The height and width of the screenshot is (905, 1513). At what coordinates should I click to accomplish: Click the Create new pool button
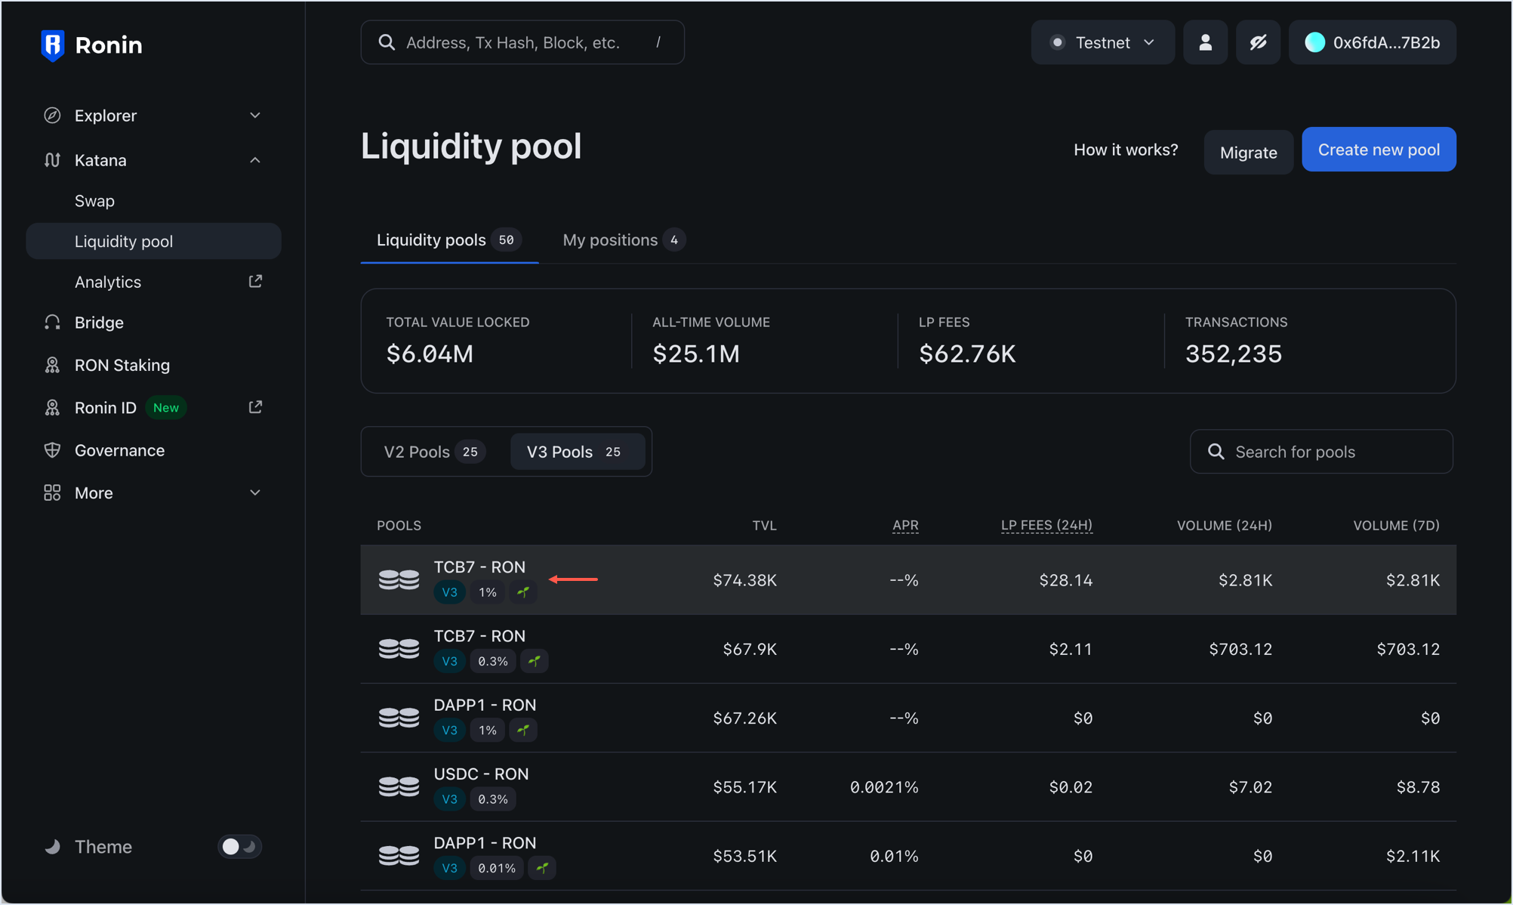[1379, 150]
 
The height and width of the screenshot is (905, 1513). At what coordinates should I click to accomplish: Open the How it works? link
[1125, 150]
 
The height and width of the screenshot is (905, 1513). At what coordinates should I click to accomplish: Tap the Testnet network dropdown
[1102, 43]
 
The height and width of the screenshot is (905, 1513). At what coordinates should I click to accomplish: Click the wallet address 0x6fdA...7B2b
[1373, 43]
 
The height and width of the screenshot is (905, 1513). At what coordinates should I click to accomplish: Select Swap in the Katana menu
[94, 201]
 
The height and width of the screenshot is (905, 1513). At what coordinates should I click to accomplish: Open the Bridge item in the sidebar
[99, 323]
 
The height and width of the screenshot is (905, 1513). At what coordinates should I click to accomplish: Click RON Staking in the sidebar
[122, 365]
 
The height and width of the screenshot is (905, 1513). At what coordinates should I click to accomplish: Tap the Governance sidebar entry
[119, 450]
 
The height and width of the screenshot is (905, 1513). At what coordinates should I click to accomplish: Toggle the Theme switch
[239, 846]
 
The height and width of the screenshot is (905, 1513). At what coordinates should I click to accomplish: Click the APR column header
[904, 525]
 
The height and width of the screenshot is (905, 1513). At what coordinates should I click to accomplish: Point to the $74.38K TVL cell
[744, 580]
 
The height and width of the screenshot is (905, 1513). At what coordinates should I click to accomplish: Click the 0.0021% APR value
[883, 787]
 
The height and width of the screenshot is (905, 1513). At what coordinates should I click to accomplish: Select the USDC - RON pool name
[481, 774]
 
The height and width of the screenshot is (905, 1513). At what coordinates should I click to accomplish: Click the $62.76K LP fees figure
[967, 354]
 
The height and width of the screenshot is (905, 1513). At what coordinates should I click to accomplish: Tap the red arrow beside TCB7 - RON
[573, 579]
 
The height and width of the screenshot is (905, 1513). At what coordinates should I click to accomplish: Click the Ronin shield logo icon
[52, 45]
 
